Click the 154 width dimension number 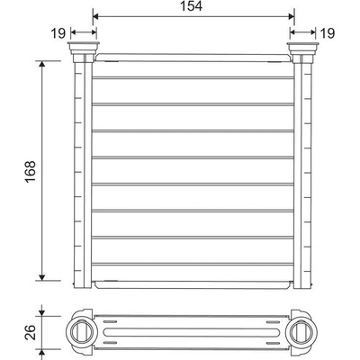point(191,6)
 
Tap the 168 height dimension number point(31,172)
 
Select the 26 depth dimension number point(31,332)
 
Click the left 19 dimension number point(58,33)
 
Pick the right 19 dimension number point(328,33)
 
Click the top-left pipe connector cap point(84,47)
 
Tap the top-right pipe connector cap point(303,47)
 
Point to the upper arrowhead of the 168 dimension point(42,64)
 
